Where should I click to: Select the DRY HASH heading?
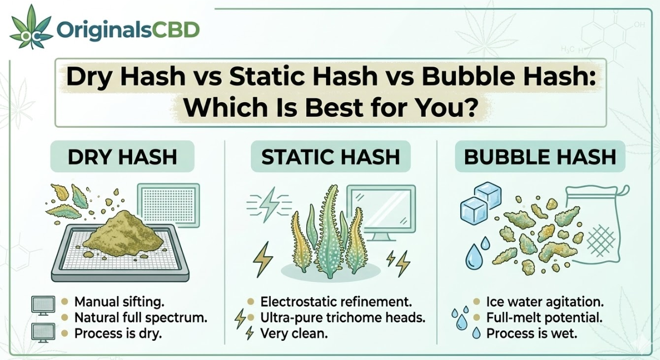[x=122, y=157]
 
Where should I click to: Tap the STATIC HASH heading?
[x=330, y=157]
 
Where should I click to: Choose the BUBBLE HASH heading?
[x=540, y=157]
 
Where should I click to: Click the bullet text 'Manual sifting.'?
[x=118, y=302]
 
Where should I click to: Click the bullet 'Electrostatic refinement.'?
[x=336, y=302]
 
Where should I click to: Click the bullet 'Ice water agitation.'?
[x=545, y=302]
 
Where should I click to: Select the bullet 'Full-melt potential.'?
[x=544, y=317]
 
